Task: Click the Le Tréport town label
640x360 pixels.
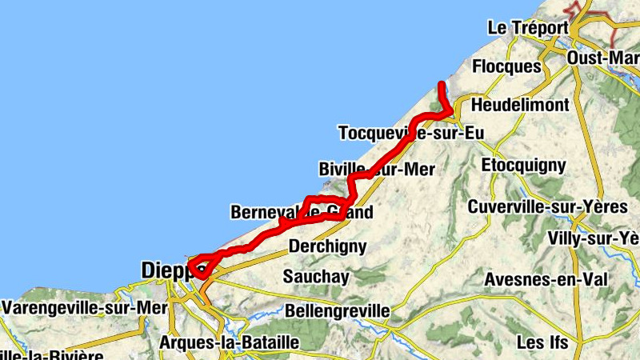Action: (x=527, y=27)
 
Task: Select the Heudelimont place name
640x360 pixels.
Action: (x=520, y=105)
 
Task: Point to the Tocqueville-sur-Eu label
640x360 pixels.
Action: (x=411, y=133)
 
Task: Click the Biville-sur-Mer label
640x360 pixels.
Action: (x=376, y=169)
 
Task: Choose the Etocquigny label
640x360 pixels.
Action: (x=524, y=166)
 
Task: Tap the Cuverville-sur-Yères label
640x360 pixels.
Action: (x=558, y=207)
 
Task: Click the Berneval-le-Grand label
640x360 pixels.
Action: (x=302, y=213)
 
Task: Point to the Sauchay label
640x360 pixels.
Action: (x=316, y=277)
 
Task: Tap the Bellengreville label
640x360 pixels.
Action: (x=337, y=310)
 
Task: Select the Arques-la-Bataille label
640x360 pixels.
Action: (x=230, y=342)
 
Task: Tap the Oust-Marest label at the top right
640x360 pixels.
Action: (x=602, y=58)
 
